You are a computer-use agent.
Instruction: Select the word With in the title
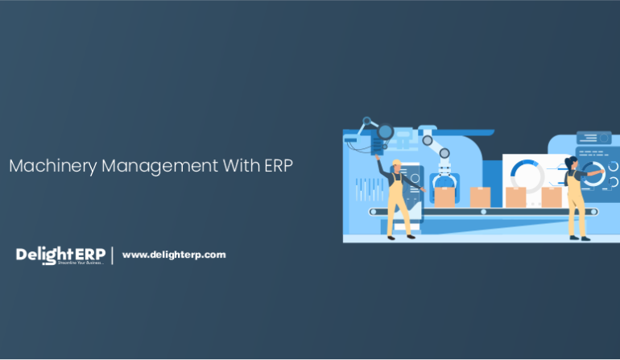(x=241, y=166)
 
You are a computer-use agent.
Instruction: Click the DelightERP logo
(x=60, y=255)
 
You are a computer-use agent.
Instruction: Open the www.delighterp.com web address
(x=174, y=255)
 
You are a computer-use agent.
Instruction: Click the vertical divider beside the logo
(x=113, y=255)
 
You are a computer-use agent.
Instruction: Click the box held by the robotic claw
(x=444, y=197)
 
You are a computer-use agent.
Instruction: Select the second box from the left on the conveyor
(x=480, y=197)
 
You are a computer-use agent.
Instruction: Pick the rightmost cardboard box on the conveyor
(x=551, y=197)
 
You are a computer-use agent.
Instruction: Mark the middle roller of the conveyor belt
(x=484, y=213)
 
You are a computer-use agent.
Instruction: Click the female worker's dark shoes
(x=579, y=238)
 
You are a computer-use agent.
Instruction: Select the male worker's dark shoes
(x=399, y=237)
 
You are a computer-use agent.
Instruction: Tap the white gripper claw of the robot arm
(x=444, y=180)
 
